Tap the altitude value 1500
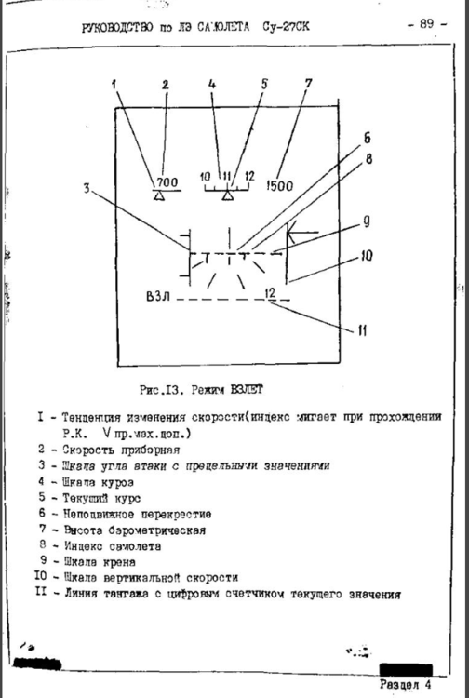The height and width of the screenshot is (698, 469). (278, 185)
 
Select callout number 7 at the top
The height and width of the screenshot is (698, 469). (308, 84)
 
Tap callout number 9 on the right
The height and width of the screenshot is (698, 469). (367, 223)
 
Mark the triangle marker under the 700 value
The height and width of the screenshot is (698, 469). (159, 196)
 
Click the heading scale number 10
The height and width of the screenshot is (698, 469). (206, 175)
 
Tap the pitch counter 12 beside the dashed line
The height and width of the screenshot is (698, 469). (270, 293)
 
